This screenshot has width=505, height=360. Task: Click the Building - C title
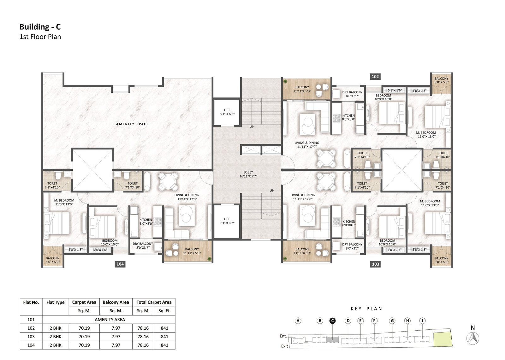click(x=40, y=27)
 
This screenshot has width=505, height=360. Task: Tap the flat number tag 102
click(x=375, y=76)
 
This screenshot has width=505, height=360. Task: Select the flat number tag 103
click(x=375, y=264)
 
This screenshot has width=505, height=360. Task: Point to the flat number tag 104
click(x=120, y=264)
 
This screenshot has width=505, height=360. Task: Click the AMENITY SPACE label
click(x=132, y=124)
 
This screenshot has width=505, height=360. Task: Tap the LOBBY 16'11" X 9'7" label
click(x=248, y=174)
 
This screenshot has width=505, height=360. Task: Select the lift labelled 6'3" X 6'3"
click(x=227, y=113)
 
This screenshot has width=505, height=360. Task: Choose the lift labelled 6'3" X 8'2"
click(x=227, y=221)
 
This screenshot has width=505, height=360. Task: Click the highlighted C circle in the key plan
click(x=332, y=321)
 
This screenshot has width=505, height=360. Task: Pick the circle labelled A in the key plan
click(x=298, y=321)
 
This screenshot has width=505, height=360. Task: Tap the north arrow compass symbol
click(x=473, y=338)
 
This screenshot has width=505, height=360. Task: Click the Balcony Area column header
click(x=116, y=302)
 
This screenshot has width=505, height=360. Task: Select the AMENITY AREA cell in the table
click(x=110, y=319)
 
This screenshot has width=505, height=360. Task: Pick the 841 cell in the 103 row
click(x=164, y=337)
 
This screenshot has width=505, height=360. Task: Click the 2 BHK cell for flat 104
click(x=56, y=345)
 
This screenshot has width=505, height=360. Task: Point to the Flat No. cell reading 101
click(x=31, y=319)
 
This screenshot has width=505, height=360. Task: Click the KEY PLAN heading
click(x=366, y=309)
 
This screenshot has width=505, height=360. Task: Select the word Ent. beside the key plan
click(x=283, y=336)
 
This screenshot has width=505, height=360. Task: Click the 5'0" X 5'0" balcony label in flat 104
click(x=52, y=260)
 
